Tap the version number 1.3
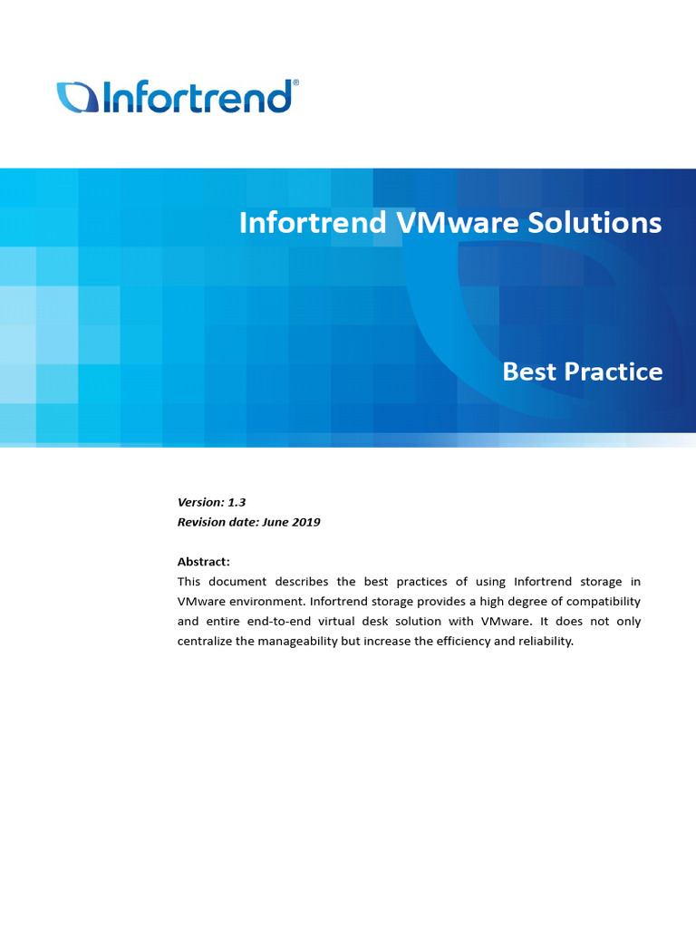click(237, 502)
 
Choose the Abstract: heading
click(204, 562)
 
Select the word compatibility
click(599, 602)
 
